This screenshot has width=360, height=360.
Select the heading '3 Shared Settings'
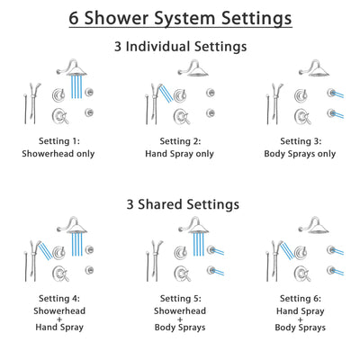[x=179, y=204]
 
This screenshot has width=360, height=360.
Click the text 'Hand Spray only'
[x=179, y=154]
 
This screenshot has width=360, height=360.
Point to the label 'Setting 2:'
[x=179, y=141]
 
